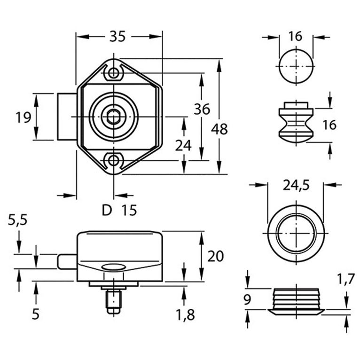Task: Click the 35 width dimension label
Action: pos(117,36)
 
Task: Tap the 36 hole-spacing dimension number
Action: pos(202,109)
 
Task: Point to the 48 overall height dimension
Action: pos(219,129)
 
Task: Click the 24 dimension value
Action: pos(183,146)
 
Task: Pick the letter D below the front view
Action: pos(107,211)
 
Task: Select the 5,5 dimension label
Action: pos(18,221)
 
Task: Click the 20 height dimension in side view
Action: pos(216,256)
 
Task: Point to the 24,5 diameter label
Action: pos(296,186)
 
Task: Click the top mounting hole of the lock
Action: pos(113,73)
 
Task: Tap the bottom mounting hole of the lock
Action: pos(113,161)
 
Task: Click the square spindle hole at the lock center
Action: pos(113,117)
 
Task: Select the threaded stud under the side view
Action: pos(113,301)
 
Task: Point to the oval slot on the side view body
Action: pos(113,267)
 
